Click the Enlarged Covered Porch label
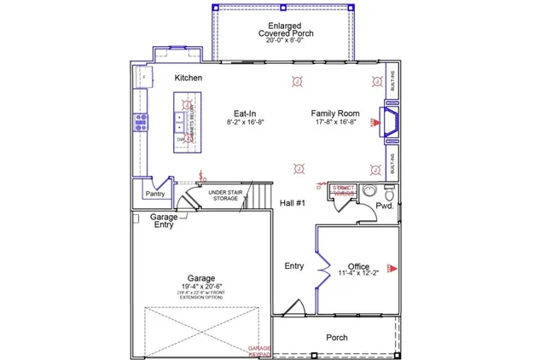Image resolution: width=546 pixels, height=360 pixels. coord(286,29)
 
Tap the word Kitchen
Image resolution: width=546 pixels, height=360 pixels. coord(188,78)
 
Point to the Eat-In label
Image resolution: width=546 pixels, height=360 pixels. coord(246,113)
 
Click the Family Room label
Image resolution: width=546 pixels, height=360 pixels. coord(334,113)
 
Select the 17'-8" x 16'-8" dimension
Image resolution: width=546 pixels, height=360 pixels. coord(334,122)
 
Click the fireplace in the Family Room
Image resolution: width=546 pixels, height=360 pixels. coord(392,122)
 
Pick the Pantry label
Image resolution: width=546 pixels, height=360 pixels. coord(154,194)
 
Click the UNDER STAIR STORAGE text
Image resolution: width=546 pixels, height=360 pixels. coord(226,196)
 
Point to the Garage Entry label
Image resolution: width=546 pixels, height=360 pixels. coord(164,221)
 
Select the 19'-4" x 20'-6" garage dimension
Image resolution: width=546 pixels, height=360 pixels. coord(202,286)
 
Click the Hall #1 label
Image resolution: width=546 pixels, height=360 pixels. coord(293,203)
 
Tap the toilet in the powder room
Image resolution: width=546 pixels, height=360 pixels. coord(369,191)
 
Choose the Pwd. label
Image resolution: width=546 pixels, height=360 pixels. coord(384,206)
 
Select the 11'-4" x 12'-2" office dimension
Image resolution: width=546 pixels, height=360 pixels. coord(358,274)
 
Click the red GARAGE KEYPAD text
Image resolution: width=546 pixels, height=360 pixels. coord(259,351)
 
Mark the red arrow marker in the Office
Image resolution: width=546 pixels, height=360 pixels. coord(392,267)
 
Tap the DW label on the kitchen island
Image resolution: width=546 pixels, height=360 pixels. coord(181,138)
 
